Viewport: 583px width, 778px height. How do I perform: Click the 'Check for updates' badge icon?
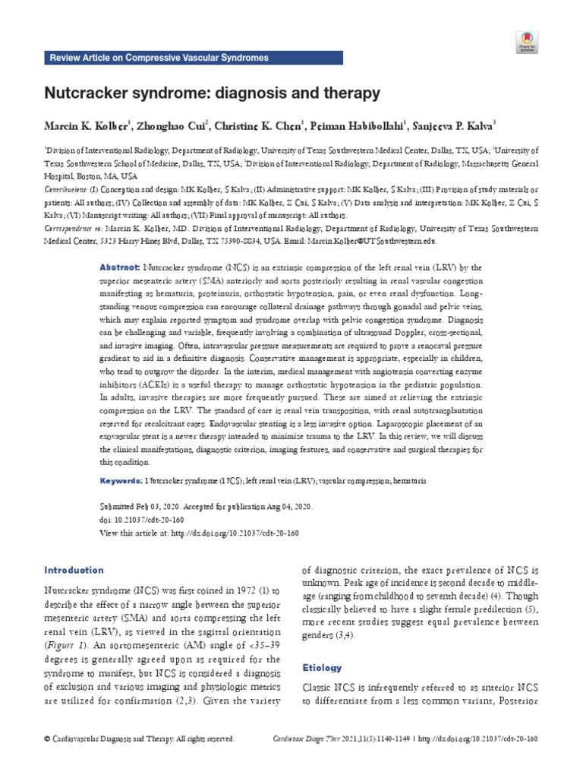(x=527, y=41)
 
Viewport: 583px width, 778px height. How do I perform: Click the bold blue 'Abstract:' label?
(x=120, y=268)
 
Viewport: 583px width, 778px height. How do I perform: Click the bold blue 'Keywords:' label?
(x=121, y=481)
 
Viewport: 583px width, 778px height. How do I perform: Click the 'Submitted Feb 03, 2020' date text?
(x=143, y=504)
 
